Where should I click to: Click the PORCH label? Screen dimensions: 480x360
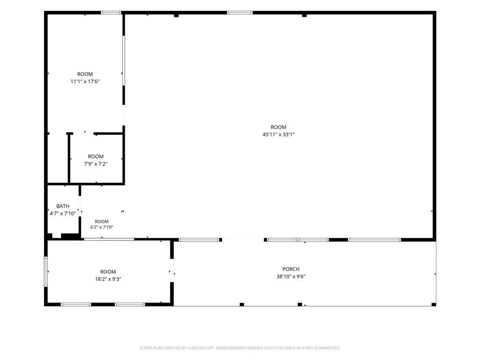291,269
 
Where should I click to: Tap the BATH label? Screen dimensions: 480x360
63,206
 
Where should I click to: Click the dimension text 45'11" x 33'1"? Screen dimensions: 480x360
278,135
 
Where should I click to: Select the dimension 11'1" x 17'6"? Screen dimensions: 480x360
85,82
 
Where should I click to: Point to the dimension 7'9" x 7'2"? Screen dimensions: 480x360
96,164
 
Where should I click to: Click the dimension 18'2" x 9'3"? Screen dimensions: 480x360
108,279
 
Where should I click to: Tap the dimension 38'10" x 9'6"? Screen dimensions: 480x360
291,277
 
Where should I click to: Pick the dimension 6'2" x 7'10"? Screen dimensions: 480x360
102,227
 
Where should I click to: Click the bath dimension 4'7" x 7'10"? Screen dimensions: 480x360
63,213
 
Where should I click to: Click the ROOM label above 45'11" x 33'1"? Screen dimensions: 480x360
278,127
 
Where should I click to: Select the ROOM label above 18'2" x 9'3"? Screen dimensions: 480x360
108,271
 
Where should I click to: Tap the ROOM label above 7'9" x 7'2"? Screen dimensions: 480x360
96,157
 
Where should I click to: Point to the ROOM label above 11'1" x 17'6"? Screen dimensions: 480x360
85,74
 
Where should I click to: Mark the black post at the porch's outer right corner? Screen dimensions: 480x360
434,304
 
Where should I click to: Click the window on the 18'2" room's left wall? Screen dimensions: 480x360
46,271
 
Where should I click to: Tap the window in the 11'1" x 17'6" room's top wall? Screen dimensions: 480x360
111,13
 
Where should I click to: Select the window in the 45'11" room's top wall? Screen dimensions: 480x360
240,13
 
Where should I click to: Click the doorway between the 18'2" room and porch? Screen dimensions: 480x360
172,270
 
